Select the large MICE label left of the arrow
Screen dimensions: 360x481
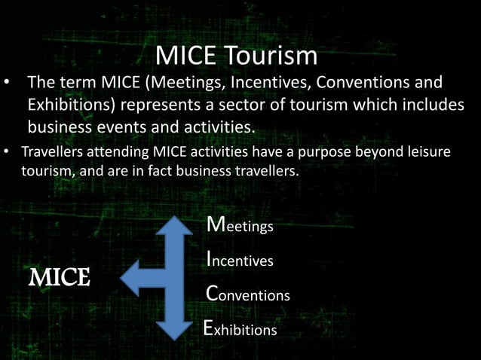[x=60, y=277]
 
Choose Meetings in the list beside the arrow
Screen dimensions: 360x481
[x=240, y=225]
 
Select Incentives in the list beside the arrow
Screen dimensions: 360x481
[x=240, y=260]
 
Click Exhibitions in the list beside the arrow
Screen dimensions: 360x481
[x=240, y=328]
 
